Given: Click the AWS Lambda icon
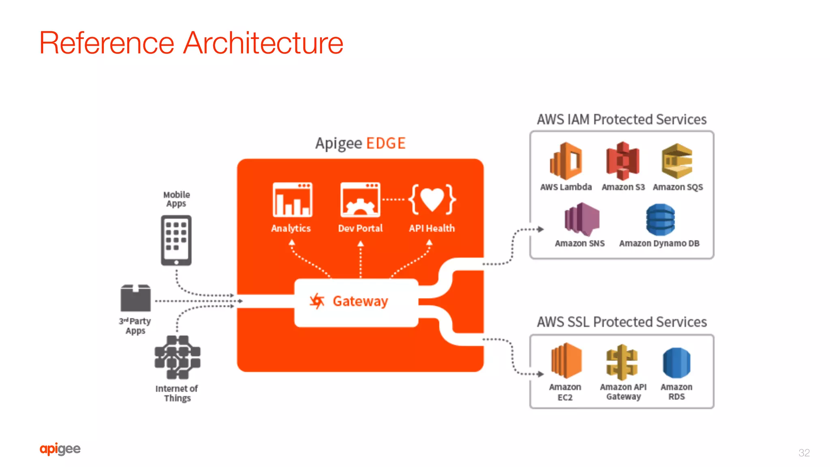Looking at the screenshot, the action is (x=566, y=161).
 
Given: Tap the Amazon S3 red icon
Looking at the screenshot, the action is (x=623, y=161).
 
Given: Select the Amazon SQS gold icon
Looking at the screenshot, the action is (x=677, y=161).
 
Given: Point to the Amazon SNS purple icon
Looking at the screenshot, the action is (x=582, y=220).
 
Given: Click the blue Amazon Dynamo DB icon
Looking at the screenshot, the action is (x=661, y=220).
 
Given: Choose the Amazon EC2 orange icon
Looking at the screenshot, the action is (x=566, y=360).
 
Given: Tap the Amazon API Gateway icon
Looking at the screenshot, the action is (x=622, y=362).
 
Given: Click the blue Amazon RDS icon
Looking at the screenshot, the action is (x=677, y=363).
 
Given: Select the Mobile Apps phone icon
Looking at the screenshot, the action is (x=176, y=241).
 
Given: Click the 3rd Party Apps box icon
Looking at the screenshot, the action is (x=135, y=298).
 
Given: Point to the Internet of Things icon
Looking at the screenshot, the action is (x=178, y=357).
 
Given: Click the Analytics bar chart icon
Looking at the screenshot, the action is (x=292, y=200).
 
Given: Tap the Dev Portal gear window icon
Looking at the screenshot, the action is (x=360, y=200).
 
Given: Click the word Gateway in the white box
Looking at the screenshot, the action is (x=360, y=301).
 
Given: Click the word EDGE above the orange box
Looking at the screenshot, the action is (x=386, y=143).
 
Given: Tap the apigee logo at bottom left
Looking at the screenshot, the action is (x=60, y=449).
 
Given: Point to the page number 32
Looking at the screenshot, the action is (x=804, y=453).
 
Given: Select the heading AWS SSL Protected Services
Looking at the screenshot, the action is (x=622, y=322).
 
